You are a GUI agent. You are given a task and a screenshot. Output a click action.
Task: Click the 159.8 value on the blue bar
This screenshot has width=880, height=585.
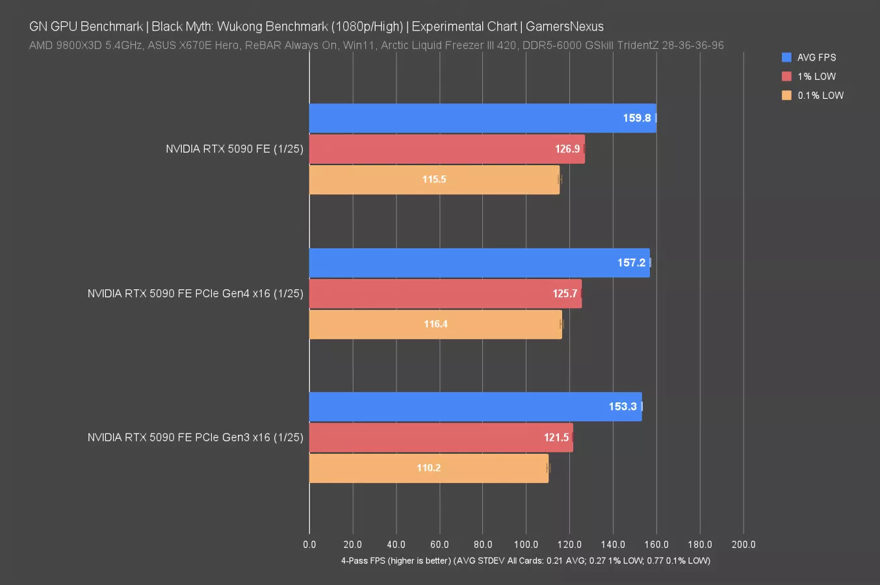point(636,118)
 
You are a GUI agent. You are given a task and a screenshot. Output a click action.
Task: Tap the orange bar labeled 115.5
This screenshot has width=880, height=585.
point(434,179)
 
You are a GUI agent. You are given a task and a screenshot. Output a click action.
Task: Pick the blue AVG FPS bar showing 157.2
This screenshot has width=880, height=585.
point(479,263)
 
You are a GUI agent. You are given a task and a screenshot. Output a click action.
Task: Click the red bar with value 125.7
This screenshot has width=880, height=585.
point(445,293)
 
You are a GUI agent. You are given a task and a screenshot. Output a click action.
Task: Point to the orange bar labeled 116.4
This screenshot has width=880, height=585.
point(435,324)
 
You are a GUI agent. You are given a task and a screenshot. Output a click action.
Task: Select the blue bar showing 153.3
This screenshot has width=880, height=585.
point(475,406)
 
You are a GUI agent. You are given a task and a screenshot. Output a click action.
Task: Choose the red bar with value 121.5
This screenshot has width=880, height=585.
point(441,437)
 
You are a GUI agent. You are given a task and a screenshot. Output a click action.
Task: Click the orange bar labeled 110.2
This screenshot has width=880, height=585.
point(428,468)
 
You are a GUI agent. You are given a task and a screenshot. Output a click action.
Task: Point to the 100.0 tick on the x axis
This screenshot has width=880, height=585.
point(526,545)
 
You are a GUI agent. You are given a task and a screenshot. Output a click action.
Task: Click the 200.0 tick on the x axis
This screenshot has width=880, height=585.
point(743,545)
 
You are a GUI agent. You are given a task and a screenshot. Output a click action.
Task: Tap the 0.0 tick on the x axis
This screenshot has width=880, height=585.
point(309,545)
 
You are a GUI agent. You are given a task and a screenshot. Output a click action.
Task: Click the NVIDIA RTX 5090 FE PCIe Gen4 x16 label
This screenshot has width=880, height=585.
point(195,293)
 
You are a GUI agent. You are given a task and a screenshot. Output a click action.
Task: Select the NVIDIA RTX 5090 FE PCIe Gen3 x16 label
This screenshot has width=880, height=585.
point(195,437)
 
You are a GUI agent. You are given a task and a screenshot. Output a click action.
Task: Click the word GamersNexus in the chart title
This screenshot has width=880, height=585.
point(564,27)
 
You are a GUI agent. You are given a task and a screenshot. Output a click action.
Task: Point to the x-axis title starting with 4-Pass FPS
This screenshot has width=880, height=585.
point(525,560)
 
